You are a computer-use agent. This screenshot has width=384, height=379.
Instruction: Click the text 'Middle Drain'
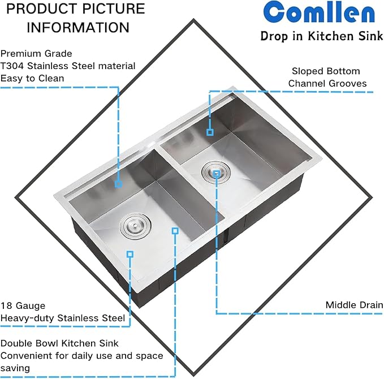click(x=354, y=305)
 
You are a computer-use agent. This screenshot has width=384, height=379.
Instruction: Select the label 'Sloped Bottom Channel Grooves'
click(x=327, y=77)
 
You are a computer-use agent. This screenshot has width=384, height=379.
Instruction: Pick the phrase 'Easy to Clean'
click(x=32, y=78)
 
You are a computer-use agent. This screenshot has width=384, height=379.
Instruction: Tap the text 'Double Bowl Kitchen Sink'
click(x=59, y=343)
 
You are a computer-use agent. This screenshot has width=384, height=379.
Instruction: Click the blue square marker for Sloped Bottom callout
click(x=210, y=132)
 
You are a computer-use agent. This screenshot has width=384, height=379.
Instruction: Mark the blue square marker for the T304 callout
click(x=118, y=184)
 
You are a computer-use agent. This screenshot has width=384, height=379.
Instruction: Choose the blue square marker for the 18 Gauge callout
click(x=130, y=255)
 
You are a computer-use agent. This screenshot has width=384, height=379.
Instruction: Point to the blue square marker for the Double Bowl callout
click(x=175, y=231)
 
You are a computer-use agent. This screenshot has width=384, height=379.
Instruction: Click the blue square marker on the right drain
click(x=217, y=175)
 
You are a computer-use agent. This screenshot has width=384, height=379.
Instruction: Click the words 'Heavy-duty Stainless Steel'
click(x=63, y=318)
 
